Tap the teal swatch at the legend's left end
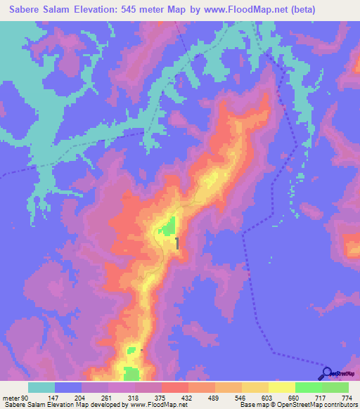point(41,387)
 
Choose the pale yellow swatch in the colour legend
point(281,387)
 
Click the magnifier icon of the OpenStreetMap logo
point(326,372)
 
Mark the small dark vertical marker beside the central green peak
point(176,243)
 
